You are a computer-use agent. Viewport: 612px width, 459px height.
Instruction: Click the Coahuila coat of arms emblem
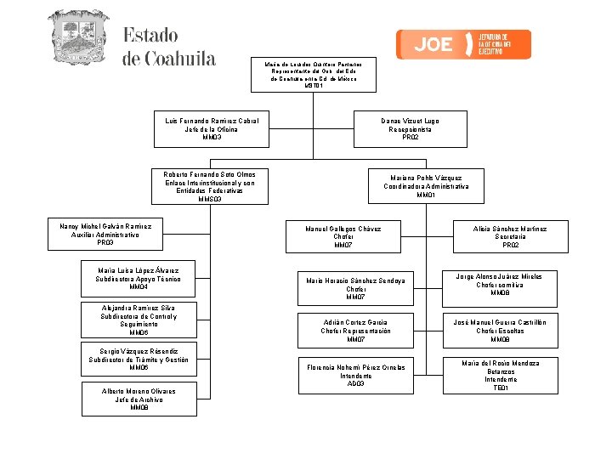click(x=79, y=37)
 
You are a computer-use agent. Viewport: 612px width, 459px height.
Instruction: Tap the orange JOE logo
click(x=463, y=44)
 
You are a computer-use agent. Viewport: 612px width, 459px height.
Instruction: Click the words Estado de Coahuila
click(x=169, y=47)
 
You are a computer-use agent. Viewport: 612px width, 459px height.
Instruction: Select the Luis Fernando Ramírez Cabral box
click(x=212, y=128)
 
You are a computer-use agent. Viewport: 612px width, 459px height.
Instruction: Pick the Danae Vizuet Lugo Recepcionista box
click(x=411, y=128)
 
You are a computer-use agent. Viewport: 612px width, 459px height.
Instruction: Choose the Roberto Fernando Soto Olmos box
click(x=209, y=186)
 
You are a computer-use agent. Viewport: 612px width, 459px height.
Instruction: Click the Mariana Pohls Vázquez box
click(x=426, y=186)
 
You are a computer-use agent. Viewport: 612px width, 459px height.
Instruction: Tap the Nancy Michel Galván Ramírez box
click(x=105, y=235)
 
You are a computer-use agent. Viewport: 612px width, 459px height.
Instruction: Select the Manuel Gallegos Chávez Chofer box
click(x=343, y=236)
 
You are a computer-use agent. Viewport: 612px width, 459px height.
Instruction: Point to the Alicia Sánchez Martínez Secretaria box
click(x=510, y=236)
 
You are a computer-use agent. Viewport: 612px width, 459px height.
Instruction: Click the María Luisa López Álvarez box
click(x=138, y=279)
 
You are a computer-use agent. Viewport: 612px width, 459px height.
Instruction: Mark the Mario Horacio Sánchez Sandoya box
click(x=355, y=289)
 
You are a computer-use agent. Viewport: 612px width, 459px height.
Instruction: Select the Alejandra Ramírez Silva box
click(x=139, y=320)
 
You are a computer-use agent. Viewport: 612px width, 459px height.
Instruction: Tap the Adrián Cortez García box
click(x=355, y=331)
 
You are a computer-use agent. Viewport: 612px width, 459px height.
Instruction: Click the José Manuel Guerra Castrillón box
click(x=500, y=331)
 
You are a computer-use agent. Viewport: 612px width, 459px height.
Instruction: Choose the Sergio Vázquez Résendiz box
click(x=139, y=360)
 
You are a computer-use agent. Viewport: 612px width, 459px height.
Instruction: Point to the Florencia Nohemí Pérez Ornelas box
click(x=355, y=374)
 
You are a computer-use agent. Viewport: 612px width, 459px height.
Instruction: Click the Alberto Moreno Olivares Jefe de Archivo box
click(x=139, y=399)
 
